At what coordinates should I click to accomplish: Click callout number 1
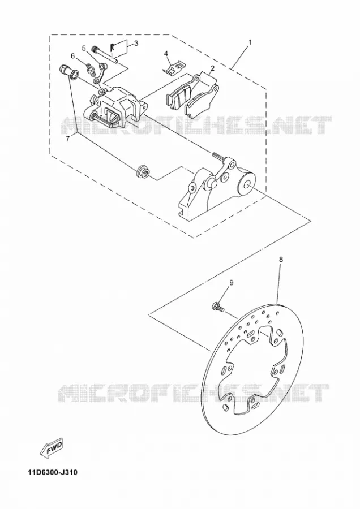(x=250, y=42)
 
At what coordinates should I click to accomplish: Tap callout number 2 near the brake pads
(x=212, y=68)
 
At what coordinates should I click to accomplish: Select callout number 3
(x=136, y=43)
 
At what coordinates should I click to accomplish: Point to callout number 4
(x=166, y=53)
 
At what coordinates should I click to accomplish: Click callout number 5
(x=84, y=49)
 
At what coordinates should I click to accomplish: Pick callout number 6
(x=73, y=56)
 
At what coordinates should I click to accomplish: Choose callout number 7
(x=67, y=139)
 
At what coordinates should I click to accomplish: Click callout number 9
(x=232, y=283)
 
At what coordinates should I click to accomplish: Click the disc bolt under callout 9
(x=218, y=307)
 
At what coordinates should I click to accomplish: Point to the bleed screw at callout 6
(x=92, y=71)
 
